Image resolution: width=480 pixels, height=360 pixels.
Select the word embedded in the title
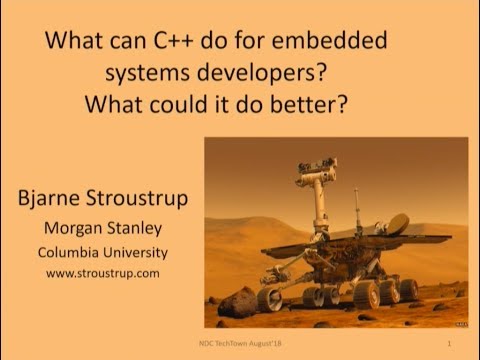click(334, 44)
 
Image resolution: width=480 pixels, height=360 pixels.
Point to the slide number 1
click(451, 343)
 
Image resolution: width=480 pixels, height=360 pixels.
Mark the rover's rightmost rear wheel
click(408, 289)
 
